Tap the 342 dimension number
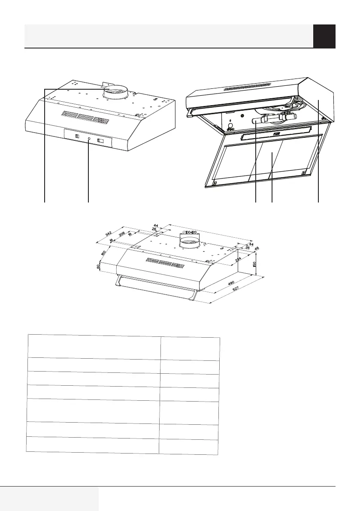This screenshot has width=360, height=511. click(x=109, y=235)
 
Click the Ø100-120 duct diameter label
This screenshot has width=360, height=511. click(x=189, y=232)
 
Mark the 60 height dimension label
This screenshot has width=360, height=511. click(x=99, y=267)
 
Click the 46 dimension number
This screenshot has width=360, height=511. click(x=257, y=248)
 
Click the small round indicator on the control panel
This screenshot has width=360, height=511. click(x=88, y=139)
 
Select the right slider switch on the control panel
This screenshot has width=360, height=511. click(x=102, y=140)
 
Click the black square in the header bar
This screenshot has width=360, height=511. click(x=324, y=36)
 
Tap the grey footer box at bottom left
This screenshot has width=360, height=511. click(x=49, y=499)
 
